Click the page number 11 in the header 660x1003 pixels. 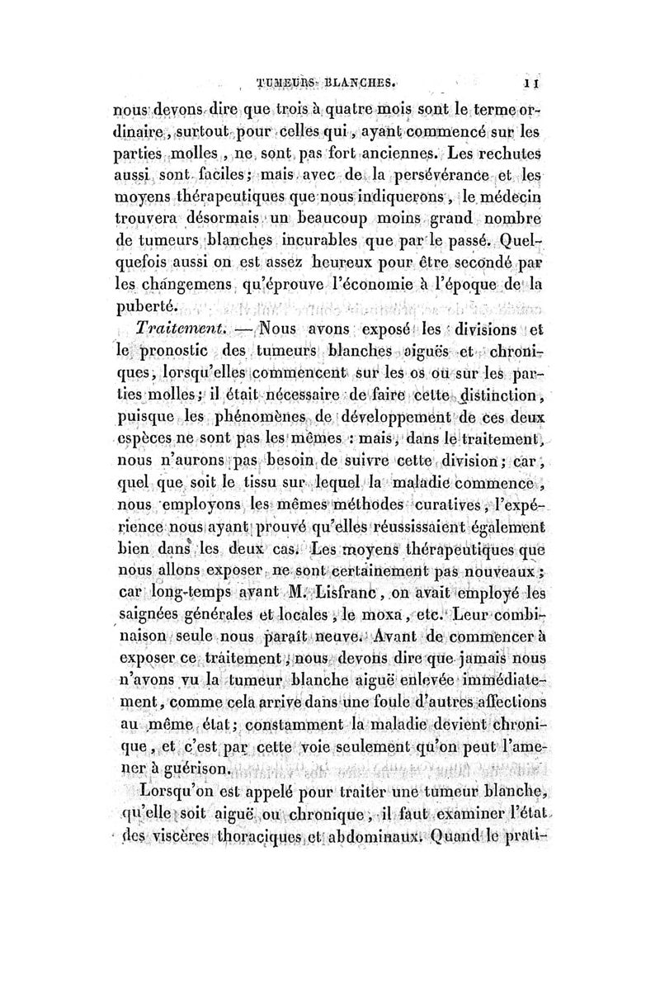(x=535, y=83)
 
